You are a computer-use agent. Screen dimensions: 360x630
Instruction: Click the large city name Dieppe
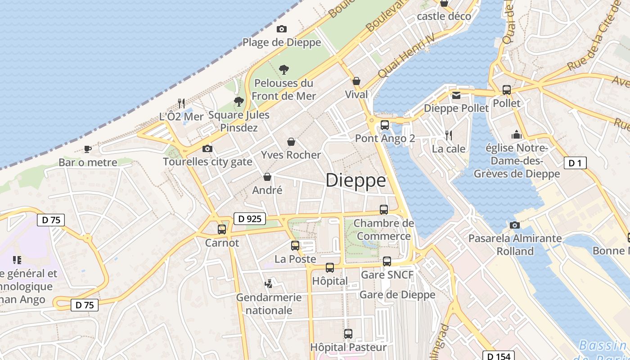pos(355,180)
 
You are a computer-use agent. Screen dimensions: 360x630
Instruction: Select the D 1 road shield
pos(575,163)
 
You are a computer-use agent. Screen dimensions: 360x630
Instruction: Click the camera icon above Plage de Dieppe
pos(282,29)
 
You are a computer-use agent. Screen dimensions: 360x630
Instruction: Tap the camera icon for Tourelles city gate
pos(207,148)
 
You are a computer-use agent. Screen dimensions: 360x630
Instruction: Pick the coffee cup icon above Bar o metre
pos(88,149)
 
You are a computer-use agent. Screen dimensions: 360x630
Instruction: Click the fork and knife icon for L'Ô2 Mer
pos(181,103)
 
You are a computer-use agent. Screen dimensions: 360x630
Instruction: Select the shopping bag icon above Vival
pos(356,81)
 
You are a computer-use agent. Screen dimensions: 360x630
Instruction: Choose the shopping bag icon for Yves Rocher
pos(291,142)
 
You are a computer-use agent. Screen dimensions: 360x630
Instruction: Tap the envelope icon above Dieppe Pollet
pos(456,95)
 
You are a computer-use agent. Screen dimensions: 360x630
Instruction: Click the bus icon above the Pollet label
pos(507,90)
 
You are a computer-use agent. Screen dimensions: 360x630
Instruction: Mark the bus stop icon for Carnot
pos(222,229)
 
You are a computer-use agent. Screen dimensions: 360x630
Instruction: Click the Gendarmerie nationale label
pos(269,304)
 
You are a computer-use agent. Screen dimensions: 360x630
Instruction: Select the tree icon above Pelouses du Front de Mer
pos(284,70)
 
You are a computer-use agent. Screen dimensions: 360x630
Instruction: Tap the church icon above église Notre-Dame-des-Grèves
pos(516,135)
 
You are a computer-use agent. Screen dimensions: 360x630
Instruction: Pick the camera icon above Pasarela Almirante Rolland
pos(515,225)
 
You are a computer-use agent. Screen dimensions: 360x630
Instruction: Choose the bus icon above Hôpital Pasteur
pos(348,334)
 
